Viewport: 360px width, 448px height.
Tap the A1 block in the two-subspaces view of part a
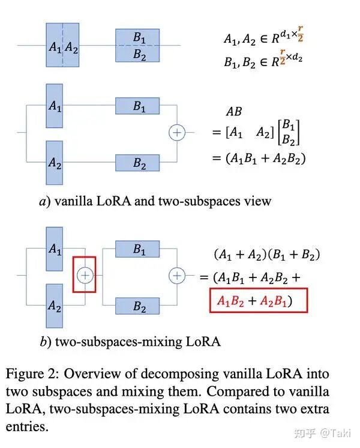(x=55, y=106)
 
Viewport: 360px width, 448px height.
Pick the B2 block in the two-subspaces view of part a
(x=139, y=163)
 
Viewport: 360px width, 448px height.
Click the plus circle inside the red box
(x=85, y=275)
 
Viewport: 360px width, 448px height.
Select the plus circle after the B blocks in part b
(x=177, y=275)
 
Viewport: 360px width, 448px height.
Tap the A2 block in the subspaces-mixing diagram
(x=55, y=306)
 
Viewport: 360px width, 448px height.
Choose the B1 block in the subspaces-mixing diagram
(x=139, y=249)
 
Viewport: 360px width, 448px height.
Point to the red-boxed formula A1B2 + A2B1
(x=259, y=300)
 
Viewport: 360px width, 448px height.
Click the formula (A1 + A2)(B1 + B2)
(x=267, y=255)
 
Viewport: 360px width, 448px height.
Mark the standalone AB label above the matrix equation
(x=233, y=112)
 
